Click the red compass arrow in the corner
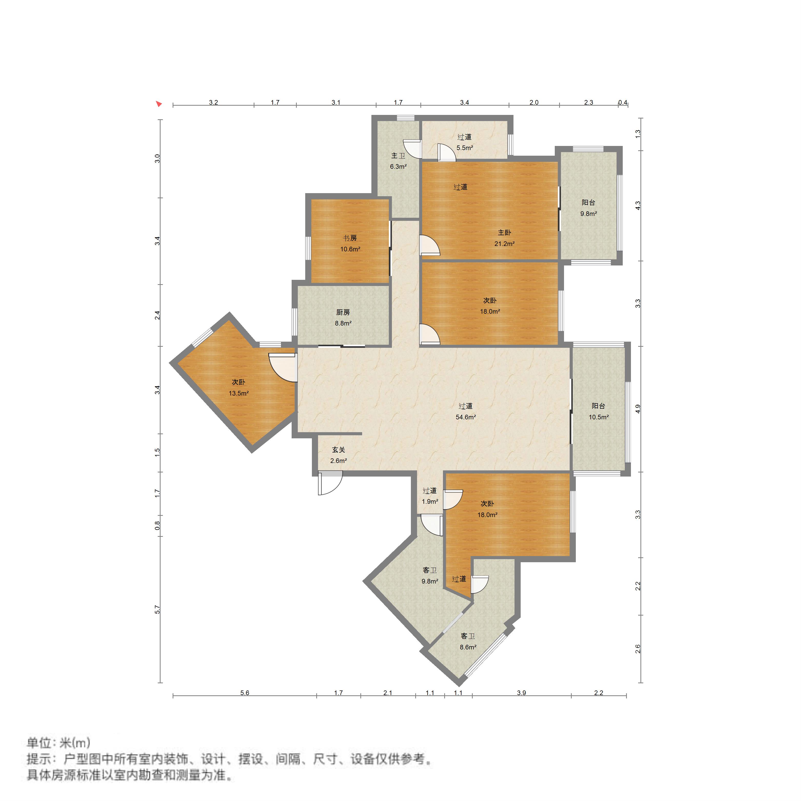coord(158,104)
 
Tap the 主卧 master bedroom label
coord(504,233)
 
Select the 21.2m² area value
coord(504,244)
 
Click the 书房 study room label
coord(350,238)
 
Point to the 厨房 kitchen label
coord(343,312)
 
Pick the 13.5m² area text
coord(238,393)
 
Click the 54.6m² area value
coord(466,417)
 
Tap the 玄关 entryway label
coord(338,449)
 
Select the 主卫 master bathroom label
coord(398,155)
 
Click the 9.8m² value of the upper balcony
coord(588,214)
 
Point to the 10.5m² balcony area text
coord(599,417)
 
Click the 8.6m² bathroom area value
coord(468,647)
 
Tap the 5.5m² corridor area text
coord(465,147)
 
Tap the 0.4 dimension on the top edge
coord(623,102)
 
